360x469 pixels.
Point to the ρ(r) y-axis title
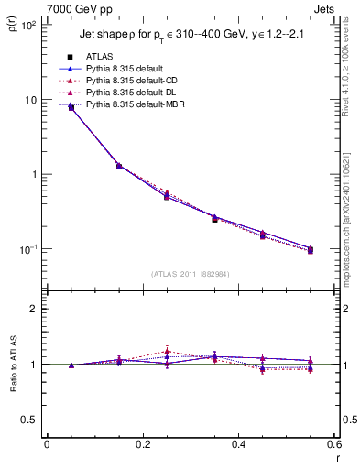click(15, 18)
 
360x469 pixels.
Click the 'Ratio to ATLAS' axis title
click(15, 365)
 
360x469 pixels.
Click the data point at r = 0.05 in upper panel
click(71, 107)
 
